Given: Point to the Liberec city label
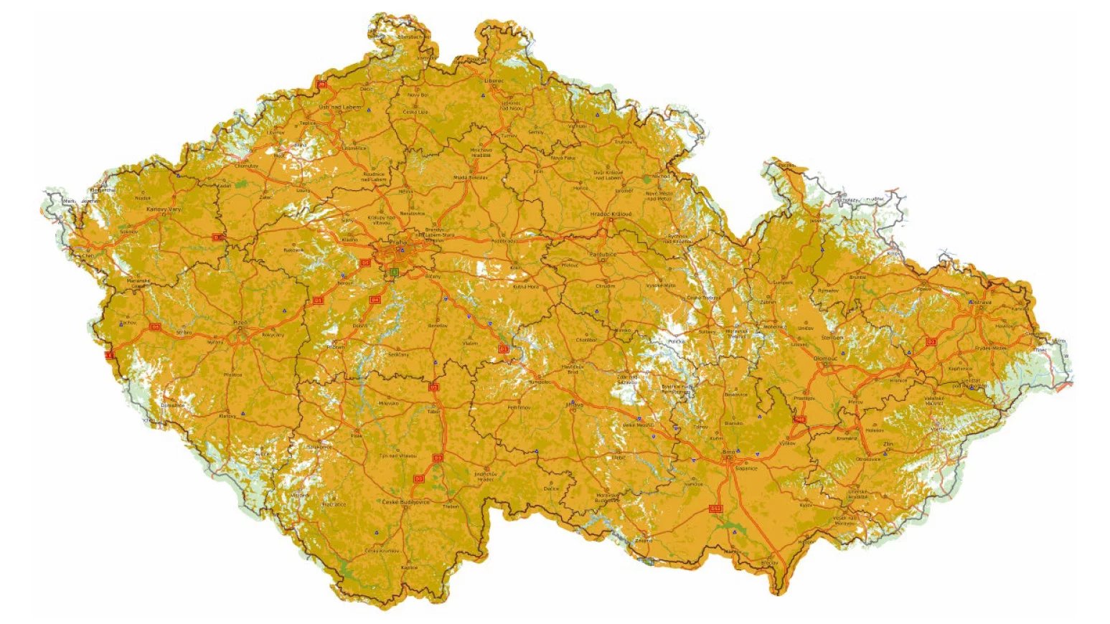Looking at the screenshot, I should (494, 81).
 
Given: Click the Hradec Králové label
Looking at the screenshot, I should (609, 214).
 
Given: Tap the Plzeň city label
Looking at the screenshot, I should (240, 323).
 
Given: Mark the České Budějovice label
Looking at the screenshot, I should (406, 502).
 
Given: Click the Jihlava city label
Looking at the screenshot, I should (575, 405).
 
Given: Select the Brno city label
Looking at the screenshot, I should (729, 452).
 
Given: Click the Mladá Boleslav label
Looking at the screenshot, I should (470, 177).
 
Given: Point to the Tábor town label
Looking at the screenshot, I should (433, 412).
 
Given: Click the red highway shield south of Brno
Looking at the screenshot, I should (715, 509).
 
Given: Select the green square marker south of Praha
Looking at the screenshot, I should (394, 273).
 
